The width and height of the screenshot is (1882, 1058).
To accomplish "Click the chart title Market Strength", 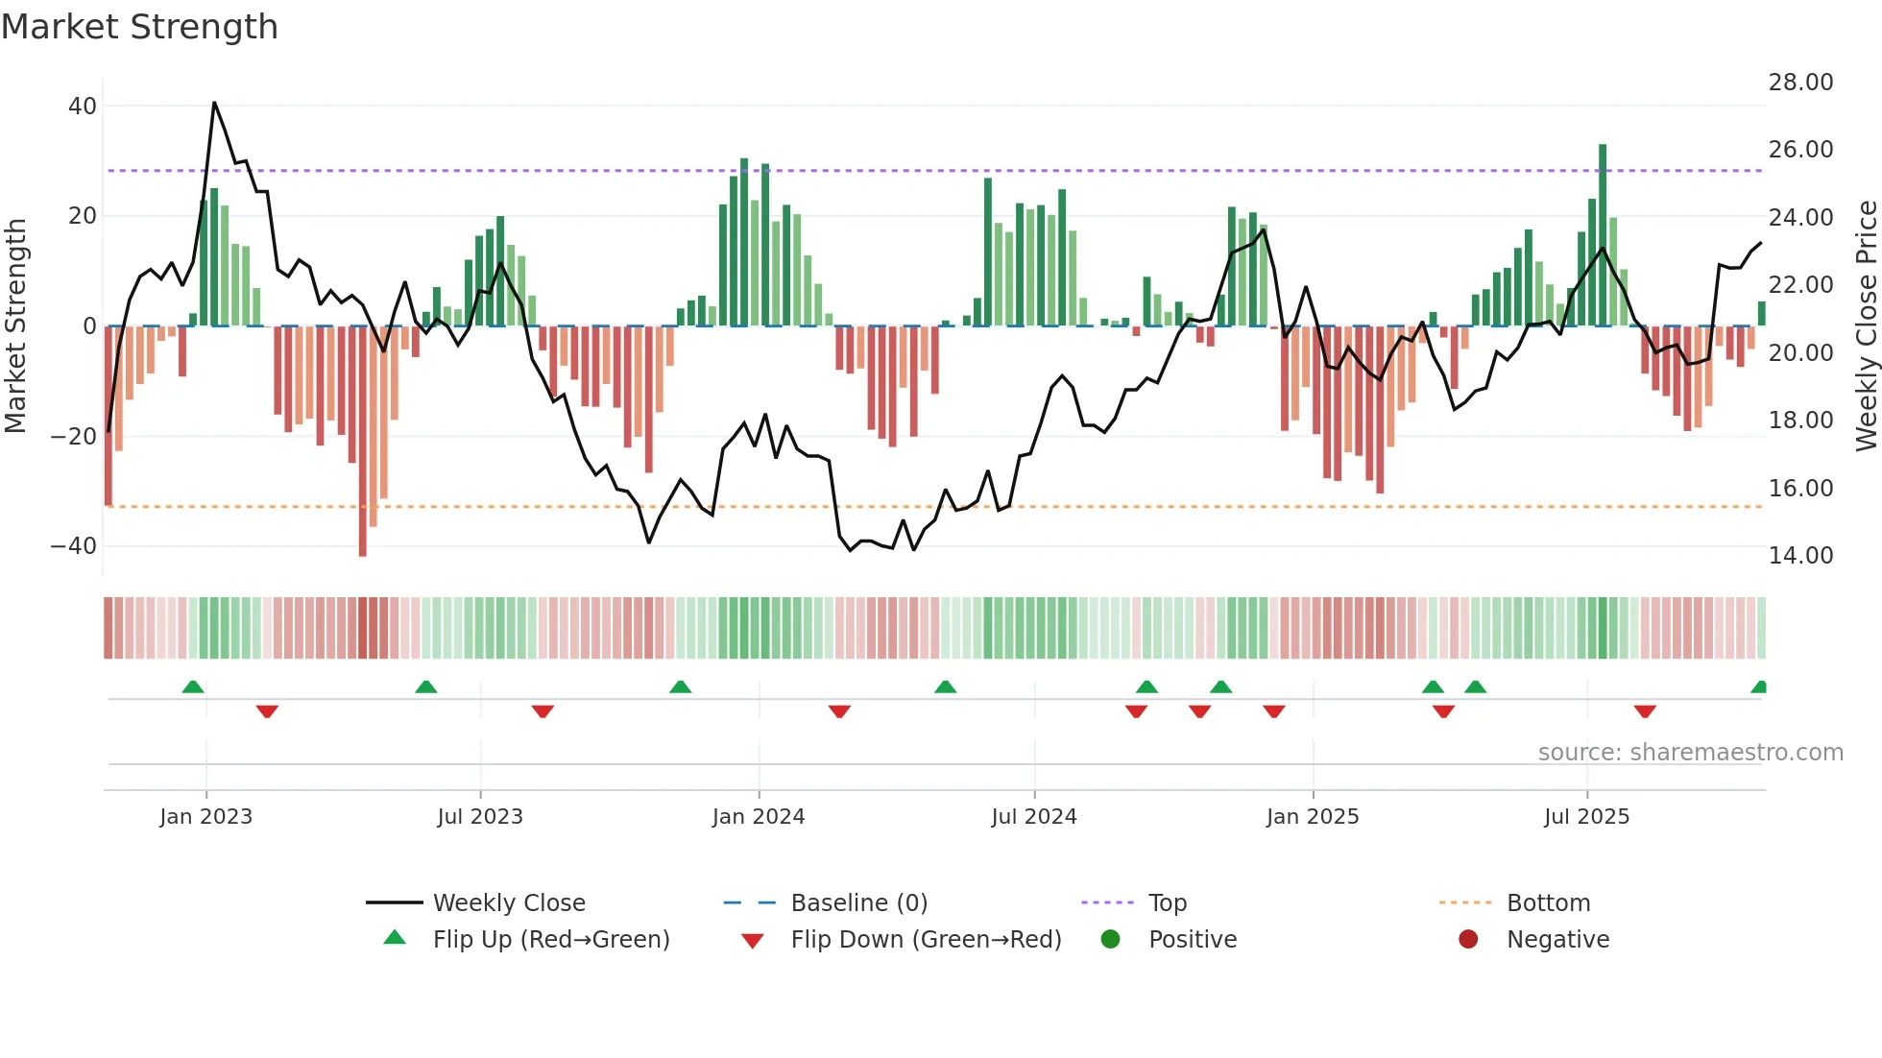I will coord(140,27).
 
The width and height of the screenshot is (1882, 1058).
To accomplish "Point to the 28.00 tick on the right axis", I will coord(1800,83).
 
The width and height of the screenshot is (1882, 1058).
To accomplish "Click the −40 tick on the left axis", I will coord(73,546).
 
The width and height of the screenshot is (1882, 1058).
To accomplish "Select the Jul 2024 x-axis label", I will coord(1034,817).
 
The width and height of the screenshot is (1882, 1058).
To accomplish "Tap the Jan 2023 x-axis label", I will coord(205,817).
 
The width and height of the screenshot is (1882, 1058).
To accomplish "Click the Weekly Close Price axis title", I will coord(1866,326).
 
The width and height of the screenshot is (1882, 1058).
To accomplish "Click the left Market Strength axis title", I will coord(15,326).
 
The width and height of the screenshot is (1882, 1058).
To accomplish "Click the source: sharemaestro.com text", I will coord(1690,753).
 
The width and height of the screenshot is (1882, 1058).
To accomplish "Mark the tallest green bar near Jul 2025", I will coord(1603,235).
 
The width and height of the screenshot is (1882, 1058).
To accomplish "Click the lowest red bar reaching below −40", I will coord(362,442).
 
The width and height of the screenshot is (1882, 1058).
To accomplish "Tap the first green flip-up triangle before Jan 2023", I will coord(193,686).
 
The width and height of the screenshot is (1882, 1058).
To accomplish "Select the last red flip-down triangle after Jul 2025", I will coord(1645,711).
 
